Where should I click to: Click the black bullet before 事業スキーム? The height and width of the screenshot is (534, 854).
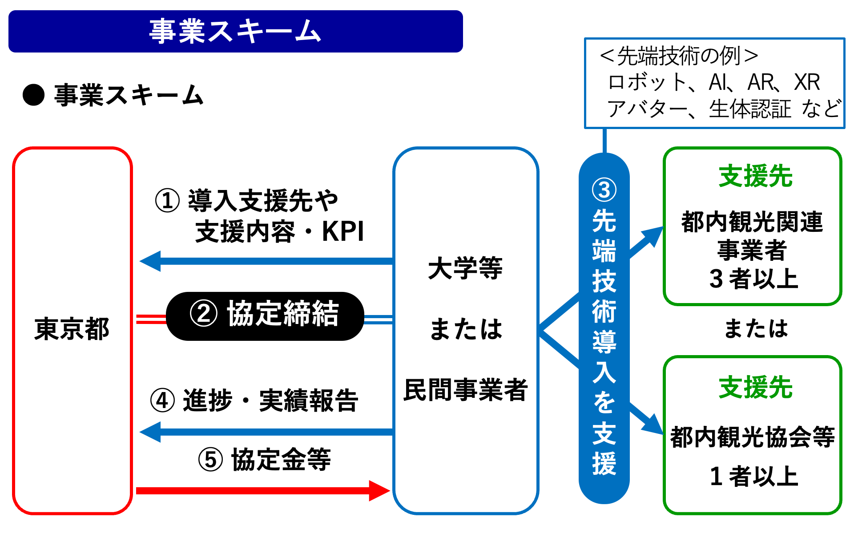pyautogui.click(x=34, y=95)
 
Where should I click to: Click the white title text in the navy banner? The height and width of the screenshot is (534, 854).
pyautogui.click(x=235, y=32)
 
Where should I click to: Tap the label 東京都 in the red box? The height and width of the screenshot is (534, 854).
pyautogui.click(x=72, y=329)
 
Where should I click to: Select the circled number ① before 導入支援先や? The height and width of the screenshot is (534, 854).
pyautogui.click(x=167, y=201)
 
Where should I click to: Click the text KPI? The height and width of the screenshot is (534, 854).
pyautogui.click(x=342, y=231)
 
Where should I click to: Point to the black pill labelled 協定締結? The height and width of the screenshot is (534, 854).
pyautogui.click(x=265, y=316)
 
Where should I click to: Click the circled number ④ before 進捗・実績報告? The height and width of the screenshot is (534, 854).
pyautogui.click(x=162, y=400)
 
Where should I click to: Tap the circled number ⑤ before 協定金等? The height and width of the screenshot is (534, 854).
pyautogui.click(x=210, y=460)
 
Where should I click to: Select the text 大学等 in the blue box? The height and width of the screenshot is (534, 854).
pyautogui.click(x=465, y=268)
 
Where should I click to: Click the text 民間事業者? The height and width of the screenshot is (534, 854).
pyautogui.click(x=465, y=390)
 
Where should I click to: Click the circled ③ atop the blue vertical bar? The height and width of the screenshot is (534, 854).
pyautogui.click(x=604, y=190)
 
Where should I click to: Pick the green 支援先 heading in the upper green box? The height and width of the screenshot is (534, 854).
pyautogui.click(x=756, y=176)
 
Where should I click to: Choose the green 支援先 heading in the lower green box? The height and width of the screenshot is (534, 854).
pyautogui.click(x=756, y=387)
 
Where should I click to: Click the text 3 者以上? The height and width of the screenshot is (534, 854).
pyautogui.click(x=754, y=279)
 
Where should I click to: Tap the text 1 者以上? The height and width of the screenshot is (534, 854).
pyautogui.click(x=754, y=476)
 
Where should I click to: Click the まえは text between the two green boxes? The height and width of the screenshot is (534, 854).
pyautogui.click(x=756, y=328)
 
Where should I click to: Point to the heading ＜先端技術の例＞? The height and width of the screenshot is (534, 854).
pyautogui.click(x=679, y=56)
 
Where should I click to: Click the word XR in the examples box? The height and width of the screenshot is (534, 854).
pyautogui.click(x=807, y=82)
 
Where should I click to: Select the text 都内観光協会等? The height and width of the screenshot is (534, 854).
pyautogui.click(x=753, y=437)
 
